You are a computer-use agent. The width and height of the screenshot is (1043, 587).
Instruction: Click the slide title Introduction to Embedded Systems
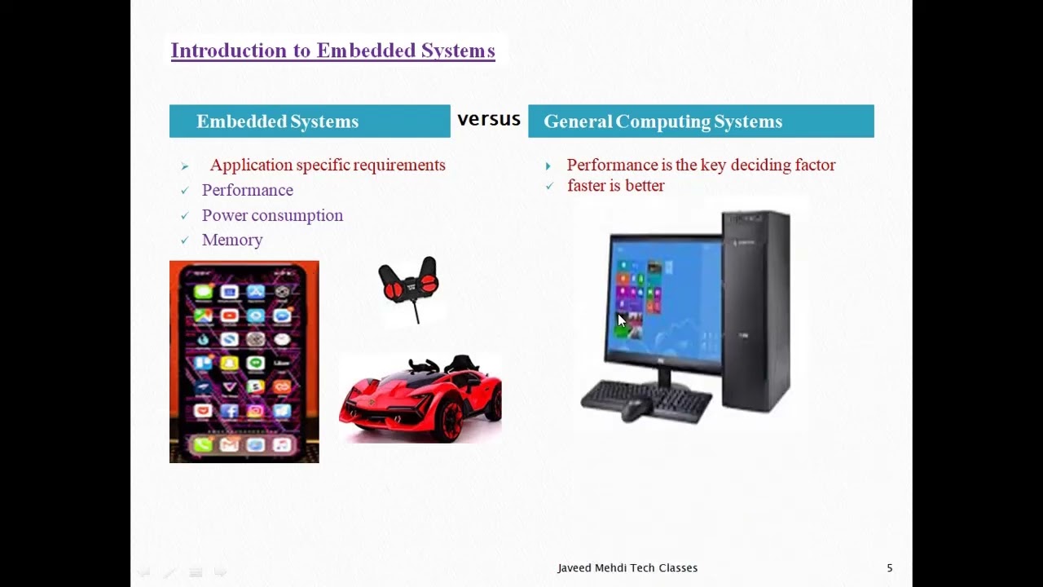(x=332, y=51)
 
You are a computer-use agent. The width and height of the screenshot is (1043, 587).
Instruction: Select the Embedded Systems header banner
(x=310, y=121)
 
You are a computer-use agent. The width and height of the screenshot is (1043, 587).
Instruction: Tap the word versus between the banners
(x=489, y=119)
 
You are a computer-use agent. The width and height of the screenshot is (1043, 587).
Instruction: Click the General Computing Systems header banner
(x=701, y=121)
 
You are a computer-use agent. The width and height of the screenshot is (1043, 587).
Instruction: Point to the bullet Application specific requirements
(x=328, y=166)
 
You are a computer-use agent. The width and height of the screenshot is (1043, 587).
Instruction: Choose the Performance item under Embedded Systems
(x=248, y=191)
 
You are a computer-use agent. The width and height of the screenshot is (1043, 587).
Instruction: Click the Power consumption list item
(x=272, y=216)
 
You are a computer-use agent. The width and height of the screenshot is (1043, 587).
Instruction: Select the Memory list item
(x=232, y=241)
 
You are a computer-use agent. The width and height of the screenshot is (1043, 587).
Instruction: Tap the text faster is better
(x=616, y=186)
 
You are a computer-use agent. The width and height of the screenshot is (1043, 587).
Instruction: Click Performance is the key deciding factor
(x=701, y=166)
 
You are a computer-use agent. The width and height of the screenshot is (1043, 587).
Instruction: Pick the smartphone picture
(x=244, y=362)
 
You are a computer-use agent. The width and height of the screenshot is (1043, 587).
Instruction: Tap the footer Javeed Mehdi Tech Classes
(x=627, y=568)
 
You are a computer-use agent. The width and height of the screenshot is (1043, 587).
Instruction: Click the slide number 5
(x=890, y=568)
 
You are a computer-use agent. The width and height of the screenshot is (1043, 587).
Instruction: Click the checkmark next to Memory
(x=185, y=241)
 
